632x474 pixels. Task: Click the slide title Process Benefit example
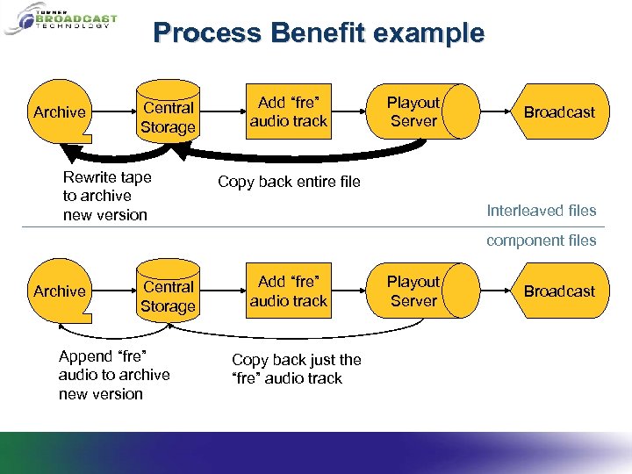coord(318,33)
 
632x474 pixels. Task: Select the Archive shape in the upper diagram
coord(59,112)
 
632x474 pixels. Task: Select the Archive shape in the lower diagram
coord(59,291)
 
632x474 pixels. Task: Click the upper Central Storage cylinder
coord(168,117)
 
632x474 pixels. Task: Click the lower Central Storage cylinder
coord(168,296)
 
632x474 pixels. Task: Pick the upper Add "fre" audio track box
coord(288,111)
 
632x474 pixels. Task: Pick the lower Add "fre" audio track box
coord(288,291)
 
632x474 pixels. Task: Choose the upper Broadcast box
coord(559,112)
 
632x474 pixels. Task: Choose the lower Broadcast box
coord(559,291)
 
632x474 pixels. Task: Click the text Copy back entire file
coord(289,182)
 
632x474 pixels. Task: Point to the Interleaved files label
coord(542,211)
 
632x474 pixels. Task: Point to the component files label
coord(542,241)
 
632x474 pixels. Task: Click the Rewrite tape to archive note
coord(106,196)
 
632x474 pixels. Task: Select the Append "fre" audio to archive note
coord(113,375)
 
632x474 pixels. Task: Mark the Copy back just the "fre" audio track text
coord(296,369)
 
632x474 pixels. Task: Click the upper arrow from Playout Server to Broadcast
coord(496,112)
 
